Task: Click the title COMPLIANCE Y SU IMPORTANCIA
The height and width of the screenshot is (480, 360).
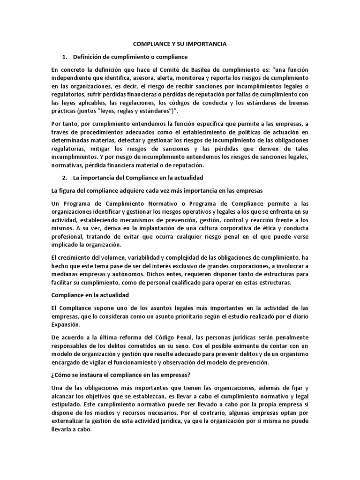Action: coord(180,44)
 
